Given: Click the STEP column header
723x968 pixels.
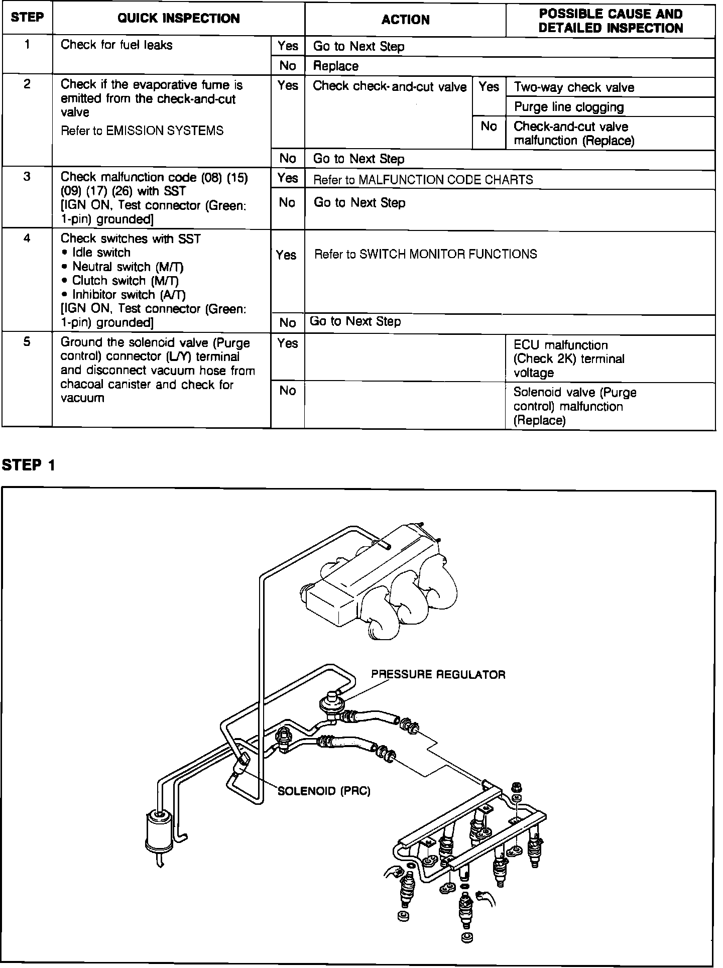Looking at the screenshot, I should [27, 18].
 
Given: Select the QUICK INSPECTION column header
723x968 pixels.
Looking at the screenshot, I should [178, 19].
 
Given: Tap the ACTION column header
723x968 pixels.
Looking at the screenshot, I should [405, 20].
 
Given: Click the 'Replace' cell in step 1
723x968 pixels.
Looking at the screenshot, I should [336, 66].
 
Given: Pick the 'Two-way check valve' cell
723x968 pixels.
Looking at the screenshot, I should [574, 87].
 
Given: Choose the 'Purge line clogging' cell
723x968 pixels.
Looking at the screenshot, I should [569, 107].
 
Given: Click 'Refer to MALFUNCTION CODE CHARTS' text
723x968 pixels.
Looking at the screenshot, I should [423, 180].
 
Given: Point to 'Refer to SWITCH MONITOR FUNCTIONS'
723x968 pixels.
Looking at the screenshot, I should [425, 254].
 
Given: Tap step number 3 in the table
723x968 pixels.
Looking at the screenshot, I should [27, 177].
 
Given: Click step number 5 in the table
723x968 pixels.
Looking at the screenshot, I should [27, 342].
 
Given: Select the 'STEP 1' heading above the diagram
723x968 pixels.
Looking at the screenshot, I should [28, 465].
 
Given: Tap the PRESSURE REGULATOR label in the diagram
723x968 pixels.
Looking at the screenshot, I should [438, 674].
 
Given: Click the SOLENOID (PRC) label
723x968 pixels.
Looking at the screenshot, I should [324, 791].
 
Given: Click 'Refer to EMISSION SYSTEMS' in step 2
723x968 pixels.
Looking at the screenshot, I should [142, 131].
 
